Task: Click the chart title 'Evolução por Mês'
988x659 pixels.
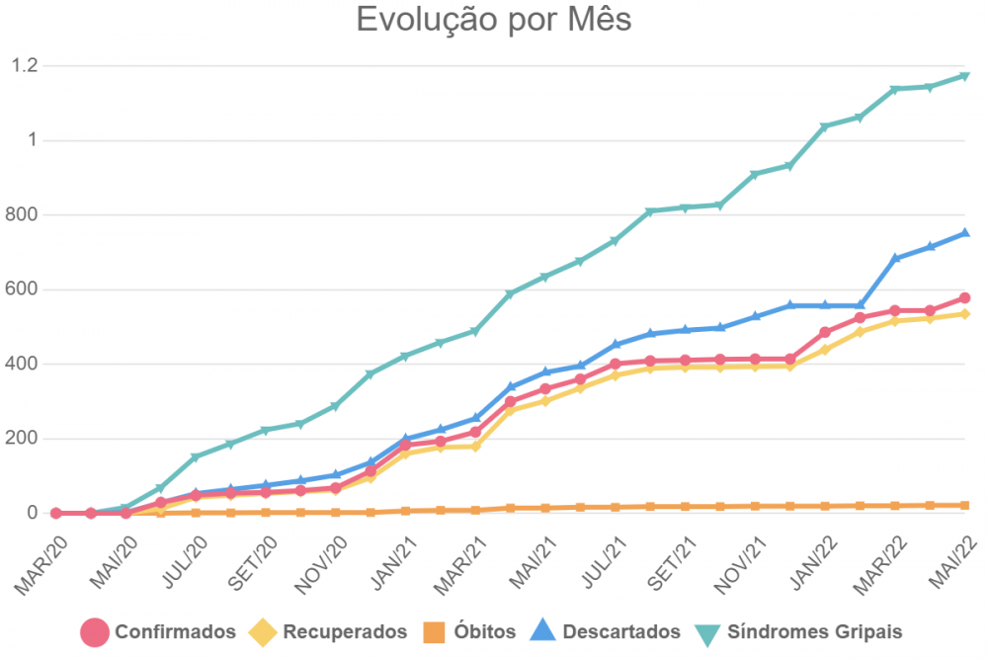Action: pos(494,20)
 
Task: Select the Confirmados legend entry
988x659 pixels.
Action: pos(158,631)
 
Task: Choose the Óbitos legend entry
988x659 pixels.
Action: pos(469,631)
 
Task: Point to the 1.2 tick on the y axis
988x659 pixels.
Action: pos(24,65)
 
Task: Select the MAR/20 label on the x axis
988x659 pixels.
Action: pos(41,567)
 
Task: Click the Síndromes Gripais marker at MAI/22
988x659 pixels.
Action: pos(965,76)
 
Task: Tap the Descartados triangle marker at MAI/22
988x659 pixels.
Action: pos(965,233)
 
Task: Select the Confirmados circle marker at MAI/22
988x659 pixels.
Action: pos(965,298)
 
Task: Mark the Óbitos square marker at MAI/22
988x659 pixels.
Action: pos(965,505)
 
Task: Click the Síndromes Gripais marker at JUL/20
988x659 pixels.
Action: pos(196,457)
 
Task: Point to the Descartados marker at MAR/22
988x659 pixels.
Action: pos(895,258)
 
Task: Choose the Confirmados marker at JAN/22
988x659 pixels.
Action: pos(825,332)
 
